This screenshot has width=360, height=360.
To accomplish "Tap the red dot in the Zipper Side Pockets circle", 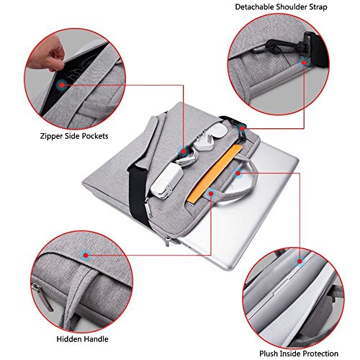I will [x=64, y=85].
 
